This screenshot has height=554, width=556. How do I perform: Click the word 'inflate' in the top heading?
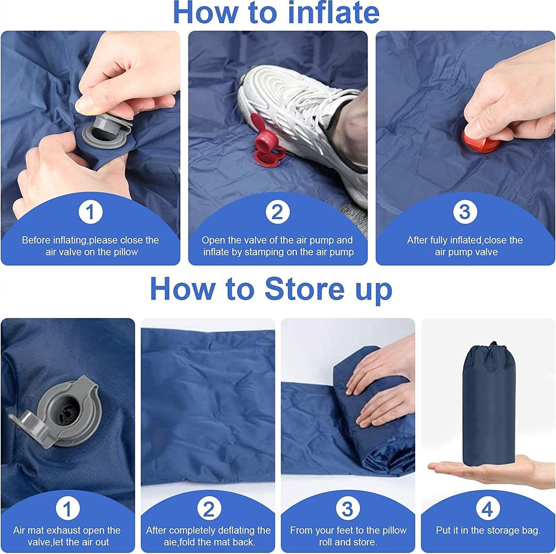[333, 13]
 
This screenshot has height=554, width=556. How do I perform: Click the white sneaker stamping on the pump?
[300, 111]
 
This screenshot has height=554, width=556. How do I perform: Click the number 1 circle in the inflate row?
[90, 212]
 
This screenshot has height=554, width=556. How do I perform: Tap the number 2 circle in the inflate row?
[278, 212]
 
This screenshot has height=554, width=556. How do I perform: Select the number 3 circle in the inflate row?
[465, 212]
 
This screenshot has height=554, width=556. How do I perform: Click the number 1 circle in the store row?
[68, 508]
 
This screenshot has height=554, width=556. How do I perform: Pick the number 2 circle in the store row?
[209, 508]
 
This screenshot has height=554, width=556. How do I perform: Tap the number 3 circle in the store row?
[348, 508]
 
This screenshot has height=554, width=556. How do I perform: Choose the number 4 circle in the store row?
[487, 508]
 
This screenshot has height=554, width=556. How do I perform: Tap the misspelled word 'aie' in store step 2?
[171, 542]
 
